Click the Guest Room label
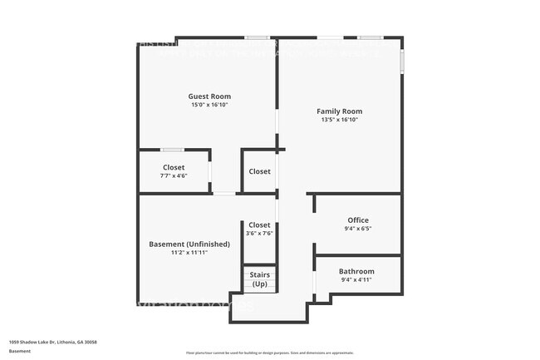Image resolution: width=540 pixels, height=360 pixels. coord(209,96)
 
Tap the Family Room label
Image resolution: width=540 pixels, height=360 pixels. coord(339,111)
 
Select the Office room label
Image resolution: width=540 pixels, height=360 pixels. coord(357,219)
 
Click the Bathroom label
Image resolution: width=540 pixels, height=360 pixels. coord(356,271)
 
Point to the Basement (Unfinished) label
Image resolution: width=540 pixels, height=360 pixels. coord(189,244)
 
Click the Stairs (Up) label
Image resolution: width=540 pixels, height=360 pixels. coord(260,279)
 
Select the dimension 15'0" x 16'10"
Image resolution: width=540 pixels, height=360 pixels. coord(209,106)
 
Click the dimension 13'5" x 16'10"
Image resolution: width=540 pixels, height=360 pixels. coord(339,120)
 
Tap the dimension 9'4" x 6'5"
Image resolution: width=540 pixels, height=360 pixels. coord(357,229)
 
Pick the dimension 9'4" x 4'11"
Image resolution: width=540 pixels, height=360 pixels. coord(356,280)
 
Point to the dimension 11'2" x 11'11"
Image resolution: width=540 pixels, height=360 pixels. coord(189,252)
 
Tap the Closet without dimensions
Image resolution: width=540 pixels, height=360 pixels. coord(259,171)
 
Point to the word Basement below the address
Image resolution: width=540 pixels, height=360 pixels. coord(19,351)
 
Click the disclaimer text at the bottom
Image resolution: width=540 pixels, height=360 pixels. coord(269,353)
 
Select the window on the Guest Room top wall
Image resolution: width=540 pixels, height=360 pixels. coord(257,37)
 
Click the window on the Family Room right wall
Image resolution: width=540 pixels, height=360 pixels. coord(402,60)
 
